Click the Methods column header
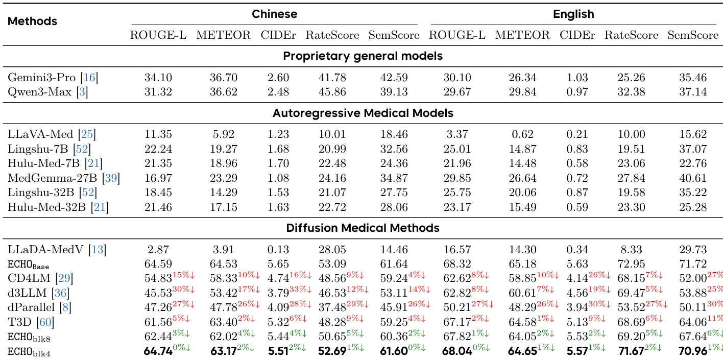click(32, 21)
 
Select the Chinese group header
click(275, 14)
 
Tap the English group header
click(573, 14)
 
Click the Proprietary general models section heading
click(363, 56)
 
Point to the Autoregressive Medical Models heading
click(363, 112)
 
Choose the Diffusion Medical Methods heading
click(363, 228)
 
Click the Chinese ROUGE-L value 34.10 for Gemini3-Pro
click(158, 78)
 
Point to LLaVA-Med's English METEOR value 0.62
click(522, 134)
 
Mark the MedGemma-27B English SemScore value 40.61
click(693, 178)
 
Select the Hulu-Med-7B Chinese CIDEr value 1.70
click(278, 163)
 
